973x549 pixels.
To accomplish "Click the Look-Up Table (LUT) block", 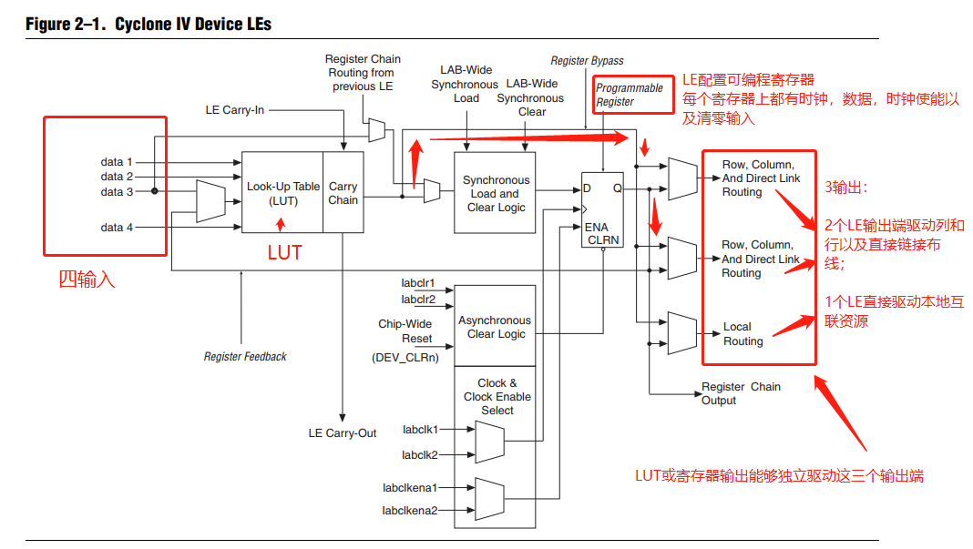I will tap(282, 193).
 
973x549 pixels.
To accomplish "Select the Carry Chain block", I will tap(343, 193).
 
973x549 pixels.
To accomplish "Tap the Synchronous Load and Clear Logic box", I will tap(496, 194).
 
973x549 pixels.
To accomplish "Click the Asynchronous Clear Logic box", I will tap(494, 327).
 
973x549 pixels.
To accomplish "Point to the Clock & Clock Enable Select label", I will tap(497, 397).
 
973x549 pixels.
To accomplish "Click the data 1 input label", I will tap(117, 162).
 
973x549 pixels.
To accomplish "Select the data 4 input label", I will tap(117, 227).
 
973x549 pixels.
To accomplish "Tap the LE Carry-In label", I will tap(235, 110).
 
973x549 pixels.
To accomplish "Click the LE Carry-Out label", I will tap(342, 433).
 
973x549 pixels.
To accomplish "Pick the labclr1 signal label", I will tap(418, 283).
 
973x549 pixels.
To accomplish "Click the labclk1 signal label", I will tap(420, 429).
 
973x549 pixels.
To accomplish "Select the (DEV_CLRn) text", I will tap(405, 358).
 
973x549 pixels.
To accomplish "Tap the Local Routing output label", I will tap(743, 334).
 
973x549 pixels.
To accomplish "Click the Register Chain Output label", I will tap(740, 393).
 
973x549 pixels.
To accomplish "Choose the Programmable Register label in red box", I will tap(630, 95).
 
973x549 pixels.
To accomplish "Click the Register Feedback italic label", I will tap(245, 357).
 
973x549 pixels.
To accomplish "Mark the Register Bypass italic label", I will tap(587, 61).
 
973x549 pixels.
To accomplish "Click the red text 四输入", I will tap(87, 280).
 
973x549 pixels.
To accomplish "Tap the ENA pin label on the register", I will tap(596, 227).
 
